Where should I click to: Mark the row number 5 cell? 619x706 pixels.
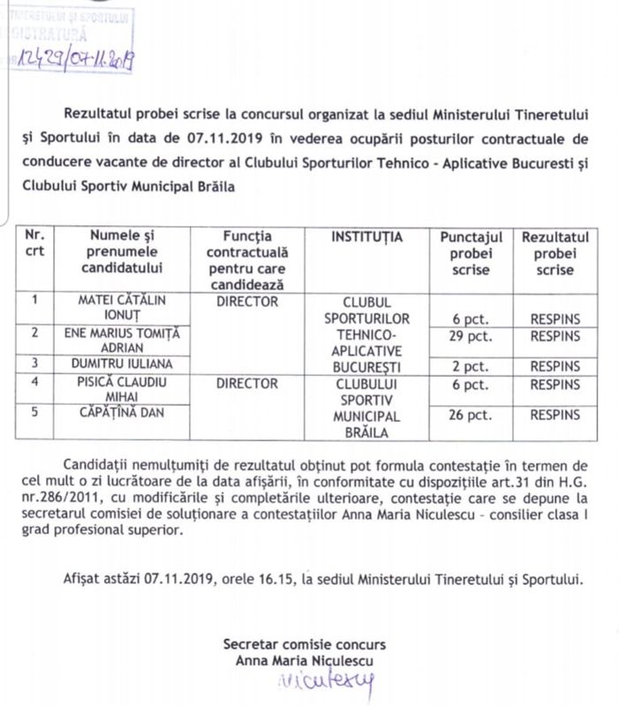coord(34,410)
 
